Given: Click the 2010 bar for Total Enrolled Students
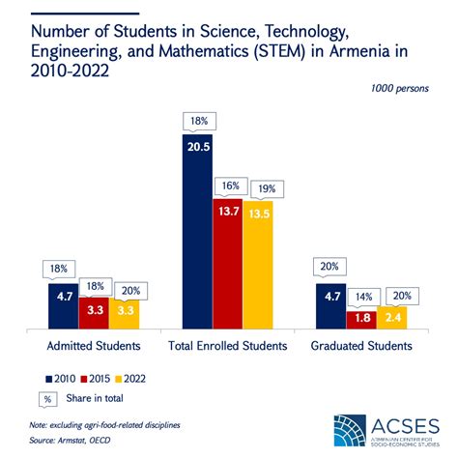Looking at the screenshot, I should click(198, 232).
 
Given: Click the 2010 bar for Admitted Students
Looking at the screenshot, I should click(64, 304).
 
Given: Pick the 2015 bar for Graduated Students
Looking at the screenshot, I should click(362, 317).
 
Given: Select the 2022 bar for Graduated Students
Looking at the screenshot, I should click(392, 315).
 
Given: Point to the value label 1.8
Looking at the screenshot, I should click(362, 318).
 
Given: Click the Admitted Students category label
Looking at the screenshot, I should click(94, 345).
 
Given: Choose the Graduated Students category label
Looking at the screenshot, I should click(362, 345).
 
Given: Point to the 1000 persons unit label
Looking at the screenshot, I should click(398, 89).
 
